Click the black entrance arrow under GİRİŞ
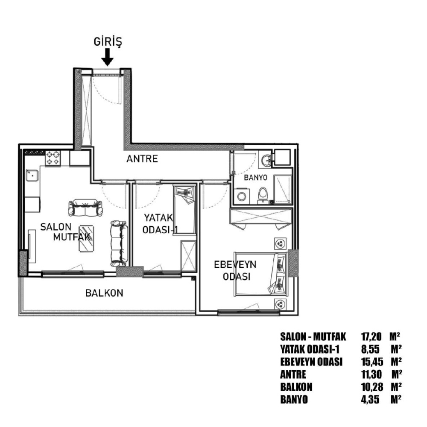coord(107,57)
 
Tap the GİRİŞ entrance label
coord(108,42)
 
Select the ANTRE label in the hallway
coord(142,159)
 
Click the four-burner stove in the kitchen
coord(53,158)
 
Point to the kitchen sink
coord(32,175)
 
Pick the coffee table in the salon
coord(87,239)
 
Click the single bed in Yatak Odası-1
coord(184,209)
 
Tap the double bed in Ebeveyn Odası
coord(261,274)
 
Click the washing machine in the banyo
coord(242,196)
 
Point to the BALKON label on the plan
coord(104,293)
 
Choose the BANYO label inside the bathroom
coord(255,178)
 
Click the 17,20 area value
coord(371,336)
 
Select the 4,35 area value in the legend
coord(370,400)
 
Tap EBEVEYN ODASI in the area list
coord(311,362)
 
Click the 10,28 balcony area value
coord(372,387)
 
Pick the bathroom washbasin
coord(266,160)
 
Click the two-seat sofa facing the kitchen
coord(85,208)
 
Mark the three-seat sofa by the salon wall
coord(119,243)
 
